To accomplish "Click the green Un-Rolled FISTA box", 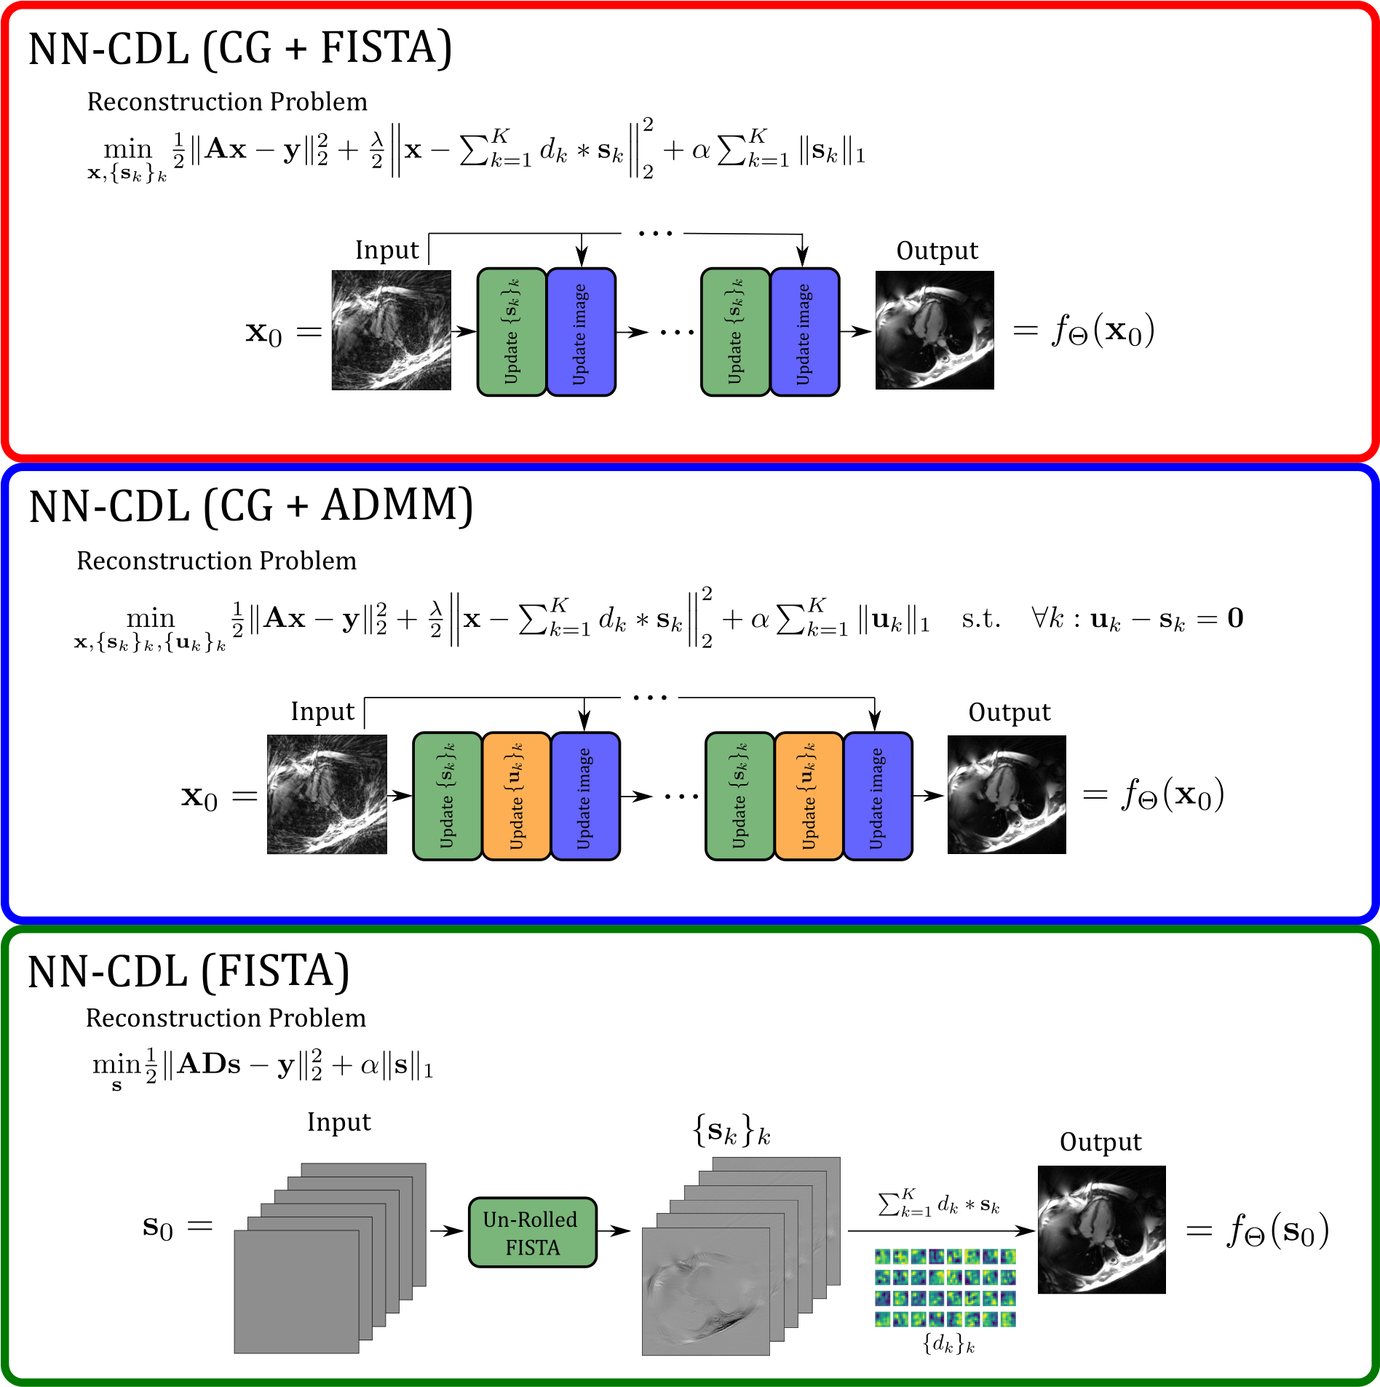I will click(532, 1232).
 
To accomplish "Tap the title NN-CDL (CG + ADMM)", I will click(251, 506).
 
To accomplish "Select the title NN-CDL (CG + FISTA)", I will click(240, 49).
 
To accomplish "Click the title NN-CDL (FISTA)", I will click(189, 972).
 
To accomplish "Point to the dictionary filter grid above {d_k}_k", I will click(945, 1287).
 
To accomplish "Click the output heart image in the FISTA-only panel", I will click(1101, 1230).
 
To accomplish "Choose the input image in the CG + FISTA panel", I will click(391, 330).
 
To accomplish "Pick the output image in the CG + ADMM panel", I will click(1007, 794).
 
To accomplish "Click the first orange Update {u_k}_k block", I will click(516, 796).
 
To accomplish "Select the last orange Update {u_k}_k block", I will click(809, 796).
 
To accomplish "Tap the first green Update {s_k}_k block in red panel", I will click(512, 332).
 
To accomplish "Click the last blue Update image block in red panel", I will click(804, 332).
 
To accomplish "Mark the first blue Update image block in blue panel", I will click(585, 796).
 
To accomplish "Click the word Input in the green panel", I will click(338, 1122).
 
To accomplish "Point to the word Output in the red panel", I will click(937, 250).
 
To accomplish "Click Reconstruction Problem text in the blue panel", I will click(216, 561).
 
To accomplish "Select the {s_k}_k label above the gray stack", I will click(731, 1132).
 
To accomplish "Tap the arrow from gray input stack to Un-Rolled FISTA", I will click(445, 1230).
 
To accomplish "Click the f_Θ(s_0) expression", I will click(1277, 1230).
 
